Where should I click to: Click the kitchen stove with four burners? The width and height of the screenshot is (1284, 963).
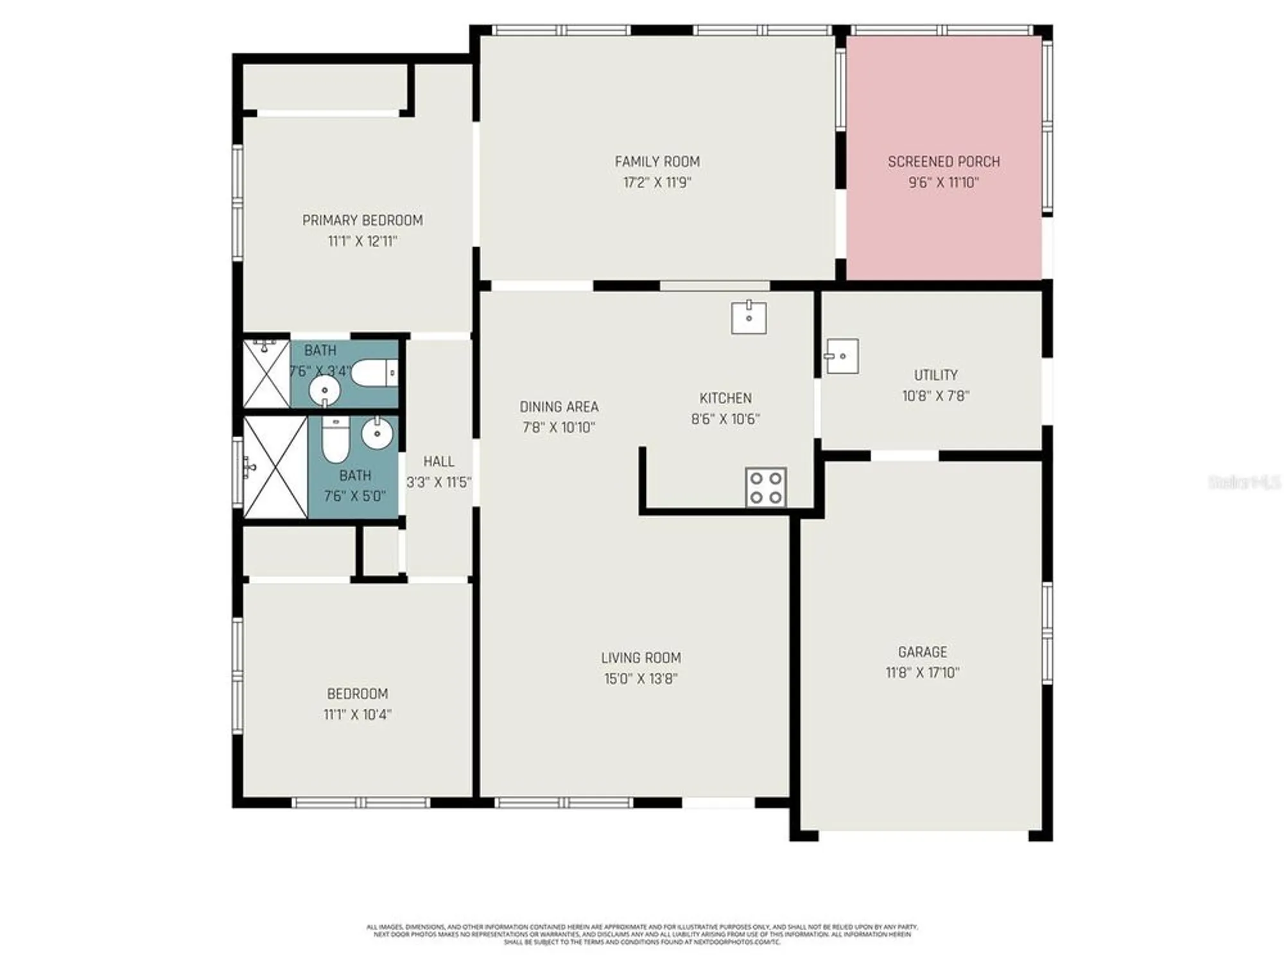click(x=766, y=487)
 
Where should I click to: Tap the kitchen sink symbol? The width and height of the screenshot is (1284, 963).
click(x=749, y=318)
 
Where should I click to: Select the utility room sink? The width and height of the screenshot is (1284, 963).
click(x=842, y=356)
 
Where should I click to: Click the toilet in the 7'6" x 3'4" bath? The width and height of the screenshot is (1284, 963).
click(x=376, y=373)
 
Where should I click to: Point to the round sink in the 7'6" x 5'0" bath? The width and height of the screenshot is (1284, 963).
click(x=377, y=434)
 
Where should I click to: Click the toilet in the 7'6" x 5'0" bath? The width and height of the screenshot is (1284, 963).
click(x=335, y=439)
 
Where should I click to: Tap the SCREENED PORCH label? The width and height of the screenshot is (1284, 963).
click(x=943, y=162)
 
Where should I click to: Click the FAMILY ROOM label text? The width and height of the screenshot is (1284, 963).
click(x=657, y=162)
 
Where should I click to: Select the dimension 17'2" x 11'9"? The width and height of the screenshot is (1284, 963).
click(x=657, y=182)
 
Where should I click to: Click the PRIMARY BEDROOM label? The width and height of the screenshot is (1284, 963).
click(x=362, y=220)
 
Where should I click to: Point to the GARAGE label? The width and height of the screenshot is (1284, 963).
click(x=923, y=652)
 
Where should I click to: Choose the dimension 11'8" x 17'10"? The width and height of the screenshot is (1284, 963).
click(x=923, y=673)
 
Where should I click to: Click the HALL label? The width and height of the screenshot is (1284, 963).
click(x=438, y=462)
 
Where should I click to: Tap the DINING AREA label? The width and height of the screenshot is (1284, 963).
click(x=559, y=406)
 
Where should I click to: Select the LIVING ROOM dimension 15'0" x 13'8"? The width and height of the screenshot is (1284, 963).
click(x=641, y=679)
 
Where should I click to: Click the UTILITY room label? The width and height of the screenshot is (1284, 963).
click(x=935, y=375)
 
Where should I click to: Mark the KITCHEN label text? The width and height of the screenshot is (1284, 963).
click(x=725, y=398)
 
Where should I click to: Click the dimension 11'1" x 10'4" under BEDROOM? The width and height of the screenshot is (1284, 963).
click(x=358, y=715)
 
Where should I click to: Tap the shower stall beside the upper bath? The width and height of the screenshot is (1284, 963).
click(x=266, y=374)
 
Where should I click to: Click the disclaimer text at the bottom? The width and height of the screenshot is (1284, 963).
click(x=642, y=934)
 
